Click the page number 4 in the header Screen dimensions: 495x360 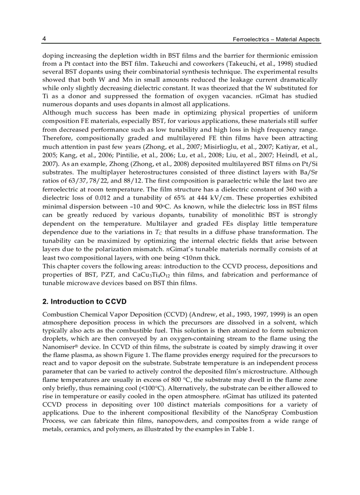(x=45, y=39)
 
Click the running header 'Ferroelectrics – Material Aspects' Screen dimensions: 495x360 (x=276, y=40)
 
